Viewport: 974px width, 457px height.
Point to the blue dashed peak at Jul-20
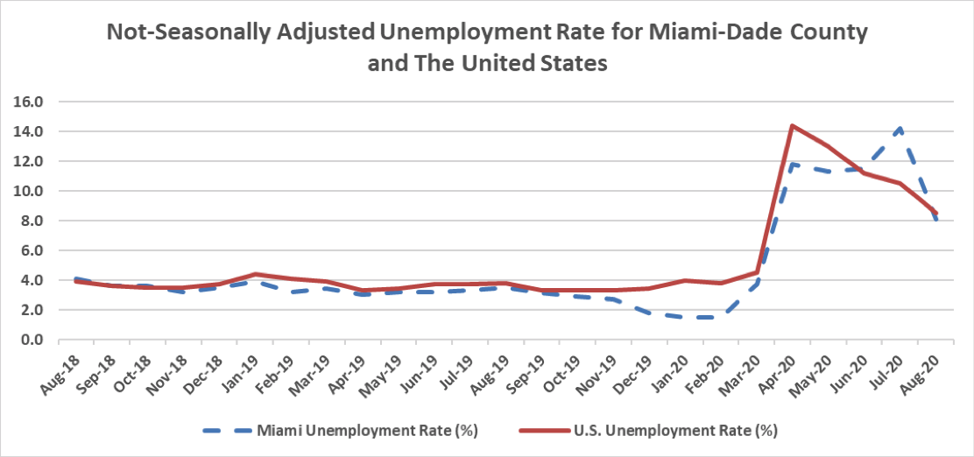[900, 128]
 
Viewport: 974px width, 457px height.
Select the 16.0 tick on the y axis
[29, 102]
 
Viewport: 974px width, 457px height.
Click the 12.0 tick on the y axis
[29, 161]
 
